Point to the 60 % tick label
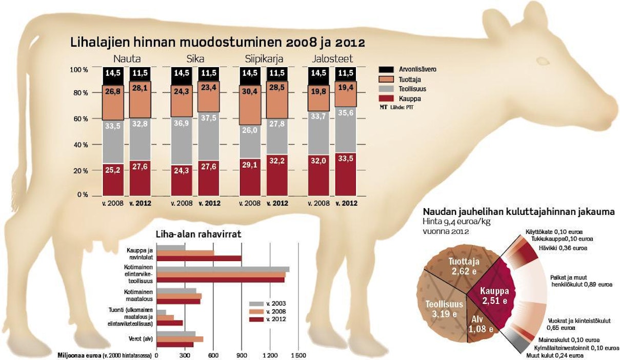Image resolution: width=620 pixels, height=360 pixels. [80, 119]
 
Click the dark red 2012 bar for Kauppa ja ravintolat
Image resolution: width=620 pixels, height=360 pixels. [198, 258]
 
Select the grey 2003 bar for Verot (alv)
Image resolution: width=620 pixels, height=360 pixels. [175, 334]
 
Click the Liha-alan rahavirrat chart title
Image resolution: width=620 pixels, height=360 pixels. [198, 234]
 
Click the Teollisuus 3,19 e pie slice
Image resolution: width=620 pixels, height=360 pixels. [444, 308]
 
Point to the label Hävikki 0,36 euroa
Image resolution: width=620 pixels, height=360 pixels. [562, 248]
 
